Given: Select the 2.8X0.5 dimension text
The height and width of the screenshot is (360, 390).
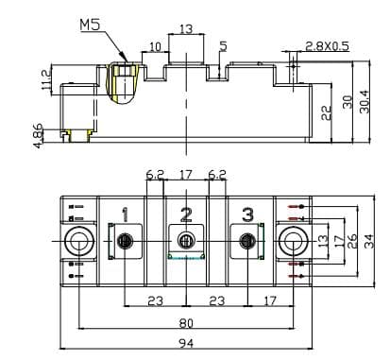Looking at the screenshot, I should point(327,45).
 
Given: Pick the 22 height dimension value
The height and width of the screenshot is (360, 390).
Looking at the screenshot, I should point(325,111).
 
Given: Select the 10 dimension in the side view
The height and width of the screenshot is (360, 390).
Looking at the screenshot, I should point(155,46).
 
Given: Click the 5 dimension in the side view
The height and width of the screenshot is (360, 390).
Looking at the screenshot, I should point(223,46).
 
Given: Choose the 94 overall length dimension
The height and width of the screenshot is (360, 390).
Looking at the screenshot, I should point(185,348).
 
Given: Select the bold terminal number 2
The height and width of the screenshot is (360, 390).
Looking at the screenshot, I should point(186,214).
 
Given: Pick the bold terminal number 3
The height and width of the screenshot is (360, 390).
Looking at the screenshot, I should point(247,214).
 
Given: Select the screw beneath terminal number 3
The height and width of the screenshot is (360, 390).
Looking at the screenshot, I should point(247,242).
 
